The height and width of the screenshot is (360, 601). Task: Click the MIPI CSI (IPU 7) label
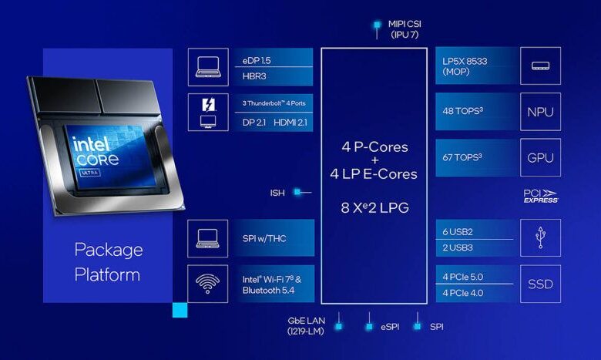point(405,29)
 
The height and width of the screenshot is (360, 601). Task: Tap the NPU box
point(540,112)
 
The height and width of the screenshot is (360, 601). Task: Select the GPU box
point(540,157)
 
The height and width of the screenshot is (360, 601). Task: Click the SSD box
point(540,284)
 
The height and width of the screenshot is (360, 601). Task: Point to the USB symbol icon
point(540,237)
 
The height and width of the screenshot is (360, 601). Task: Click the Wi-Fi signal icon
point(207,284)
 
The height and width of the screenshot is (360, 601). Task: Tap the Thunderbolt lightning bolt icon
point(209,104)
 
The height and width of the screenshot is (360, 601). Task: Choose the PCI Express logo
point(541,196)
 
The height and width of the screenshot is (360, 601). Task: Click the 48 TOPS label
point(462,111)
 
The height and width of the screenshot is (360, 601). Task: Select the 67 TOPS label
point(462,157)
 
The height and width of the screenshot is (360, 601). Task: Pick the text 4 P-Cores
point(375,146)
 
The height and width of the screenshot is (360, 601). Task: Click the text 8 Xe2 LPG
point(375,208)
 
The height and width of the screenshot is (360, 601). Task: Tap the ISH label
point(277,193)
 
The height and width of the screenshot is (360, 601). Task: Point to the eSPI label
point(390,327)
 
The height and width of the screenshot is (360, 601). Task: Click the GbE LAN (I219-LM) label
point(306,326)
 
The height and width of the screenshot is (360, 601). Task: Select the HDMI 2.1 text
point(290,123)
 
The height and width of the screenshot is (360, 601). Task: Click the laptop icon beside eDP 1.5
point(208,67)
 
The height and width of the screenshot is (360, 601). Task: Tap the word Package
point(109,251)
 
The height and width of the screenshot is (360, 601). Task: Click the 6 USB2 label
point(458,232)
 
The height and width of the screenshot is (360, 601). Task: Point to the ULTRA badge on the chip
point(90,173)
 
